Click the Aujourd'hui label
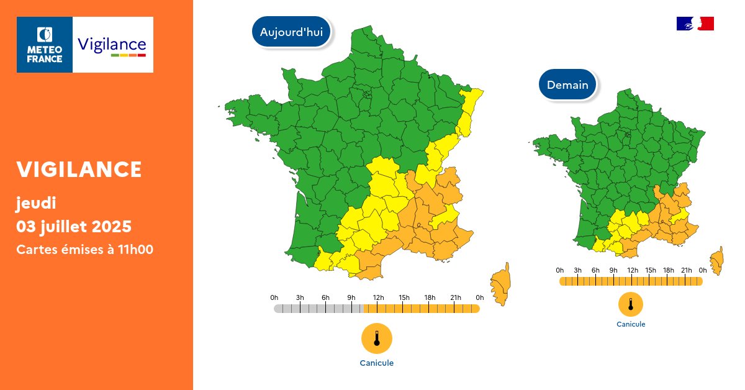[291, 32]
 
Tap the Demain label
[567, 85]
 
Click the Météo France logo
[45, 45]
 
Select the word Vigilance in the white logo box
[112, 45]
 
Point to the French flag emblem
[695, 24]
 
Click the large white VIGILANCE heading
[79, 169]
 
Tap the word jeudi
[37, 202]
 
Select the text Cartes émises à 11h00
[85, 249]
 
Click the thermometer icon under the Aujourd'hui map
[377, 338]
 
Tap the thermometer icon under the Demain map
[631, 304]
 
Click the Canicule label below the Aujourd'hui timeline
[377, 363]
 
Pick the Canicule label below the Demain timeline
[631, 324]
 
